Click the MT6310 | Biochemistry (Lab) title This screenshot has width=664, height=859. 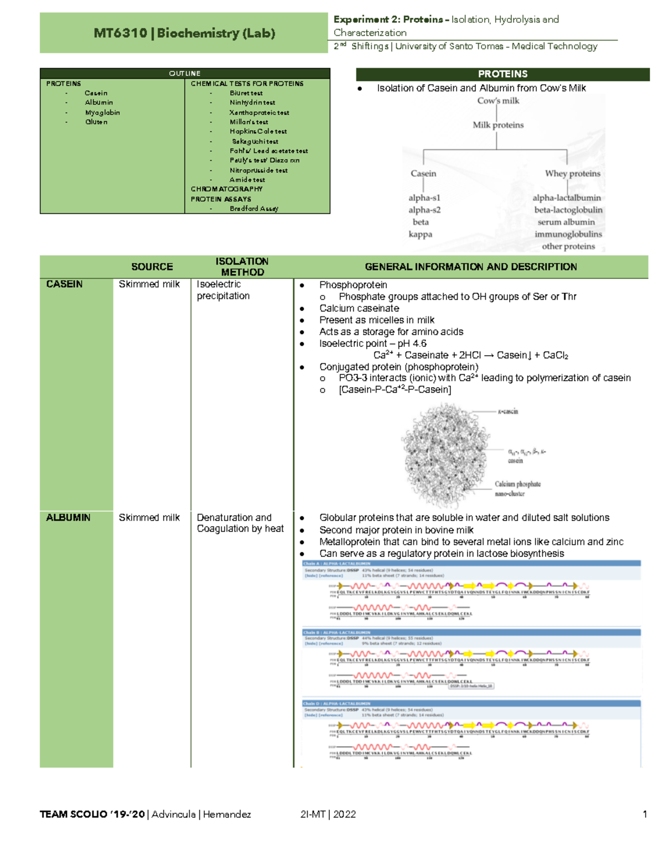pyautogui.click(x=184, y=33)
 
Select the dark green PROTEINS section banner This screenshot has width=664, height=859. pyautogui.click(x=502, y=74)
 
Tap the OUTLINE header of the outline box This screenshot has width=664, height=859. pyautogui.click(x=185, y=74)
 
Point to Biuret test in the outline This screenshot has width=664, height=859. pyautogui.click(x=246, y=93)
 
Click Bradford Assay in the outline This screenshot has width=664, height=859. pyautogui.click(x=254, y=209)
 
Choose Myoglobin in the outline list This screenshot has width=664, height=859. pyautogui.click(x=102, y=112)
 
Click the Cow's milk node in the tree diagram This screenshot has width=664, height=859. pyautogui.click(x=498, y=101)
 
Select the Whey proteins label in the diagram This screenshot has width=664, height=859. pyautogui.click(x=572, y=174)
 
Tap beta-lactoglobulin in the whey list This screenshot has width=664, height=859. pyautogui.click(x=568, y=210)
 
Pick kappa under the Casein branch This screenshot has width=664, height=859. pyautogui.click(x=421, y=234)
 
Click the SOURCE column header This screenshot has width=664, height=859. pyautogui.click(x=152, y=267)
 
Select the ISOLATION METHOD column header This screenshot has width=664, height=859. pyautogui.click(x=242, y=267)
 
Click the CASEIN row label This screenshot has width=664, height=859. pyautogui.click(x=65, y=284)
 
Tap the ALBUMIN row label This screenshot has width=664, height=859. pyautogui.click(x=68, y=518)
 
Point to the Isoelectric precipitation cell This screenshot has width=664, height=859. pyautogui.click(x=223, y=290)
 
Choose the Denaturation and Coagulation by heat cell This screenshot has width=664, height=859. pyautogui.click(x=240, y=523)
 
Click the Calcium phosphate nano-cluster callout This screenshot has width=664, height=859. pyautogui.click(x=517, y=488)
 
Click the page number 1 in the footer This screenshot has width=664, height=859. pyautogui.click(x=645, y=814)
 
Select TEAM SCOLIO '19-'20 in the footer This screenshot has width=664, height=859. pyautogui.click(x=92, y=814)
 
